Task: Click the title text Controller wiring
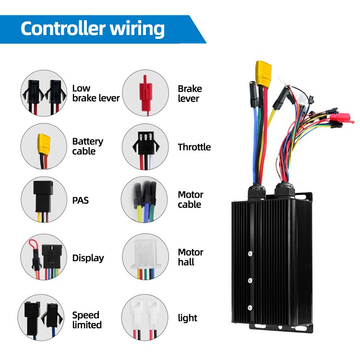[x=93, y=29]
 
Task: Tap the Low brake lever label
[x=96, y=93]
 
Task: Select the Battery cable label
[x=87, y=146]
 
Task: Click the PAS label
[x=80, y=199]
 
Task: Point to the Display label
[x=88, y=258]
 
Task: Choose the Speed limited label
[x=87, y=320]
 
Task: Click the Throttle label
[x=194, y=147]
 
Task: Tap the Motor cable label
[x=190, y=200]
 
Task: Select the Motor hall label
[x=191, y=257]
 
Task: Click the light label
[x=187, y=318]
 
